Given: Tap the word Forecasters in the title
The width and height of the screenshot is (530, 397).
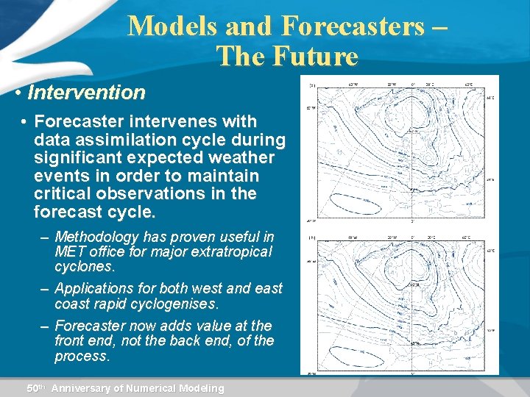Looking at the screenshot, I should click(353, 26).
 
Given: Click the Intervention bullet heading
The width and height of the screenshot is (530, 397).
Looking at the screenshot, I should click(85, 93).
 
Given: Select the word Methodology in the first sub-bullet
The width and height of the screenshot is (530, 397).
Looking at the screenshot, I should click(96, 237).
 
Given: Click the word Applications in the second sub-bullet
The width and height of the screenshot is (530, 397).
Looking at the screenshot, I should click(94, 289).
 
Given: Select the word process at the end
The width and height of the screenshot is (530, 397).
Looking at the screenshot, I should click(81, 357).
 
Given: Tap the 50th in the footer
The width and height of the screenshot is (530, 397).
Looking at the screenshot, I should click(36, 388).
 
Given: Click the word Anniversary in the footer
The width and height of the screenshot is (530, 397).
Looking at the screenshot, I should click(87, 388).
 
